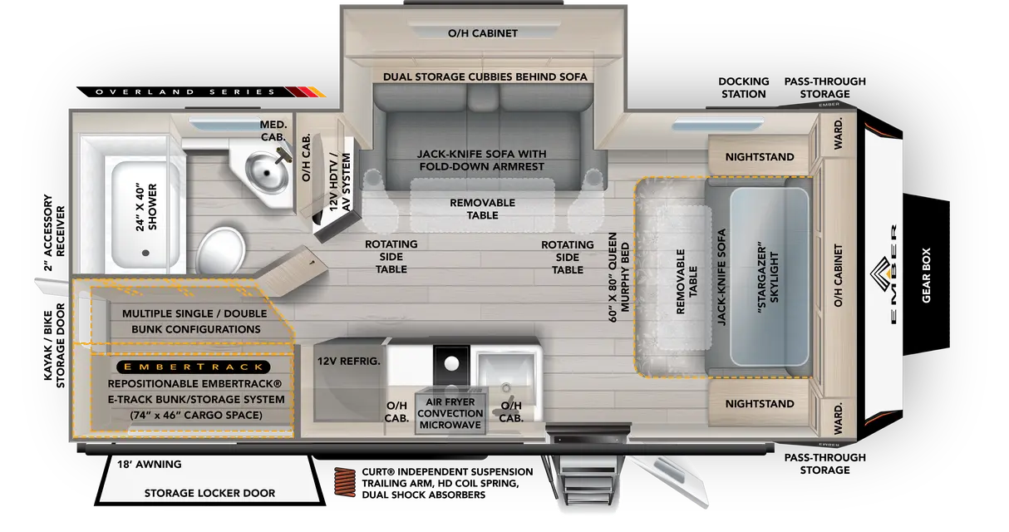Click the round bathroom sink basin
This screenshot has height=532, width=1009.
[x=267, y=171]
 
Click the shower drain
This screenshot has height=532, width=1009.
[x=145, y=254]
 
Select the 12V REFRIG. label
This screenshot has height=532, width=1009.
[x=348, y=362]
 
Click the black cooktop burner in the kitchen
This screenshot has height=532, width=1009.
[x=451, y=362]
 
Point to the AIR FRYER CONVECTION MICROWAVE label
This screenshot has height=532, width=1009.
[x=450, y=413]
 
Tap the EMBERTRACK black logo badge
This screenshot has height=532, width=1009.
[x=194, y=367]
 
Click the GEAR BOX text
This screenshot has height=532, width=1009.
[x=926, y=275]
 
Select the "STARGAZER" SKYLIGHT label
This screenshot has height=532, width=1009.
[x=768, y=278]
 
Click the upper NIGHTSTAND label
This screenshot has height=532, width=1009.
[x=760, y=157]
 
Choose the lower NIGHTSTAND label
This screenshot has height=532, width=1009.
[x=760, y=404]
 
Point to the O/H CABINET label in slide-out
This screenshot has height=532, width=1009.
[x=482, y=33]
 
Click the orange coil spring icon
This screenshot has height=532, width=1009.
[x=345, y=482]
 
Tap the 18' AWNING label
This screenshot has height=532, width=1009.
[x=150, y=464]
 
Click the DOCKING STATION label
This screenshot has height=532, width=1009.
[x=744, y=88]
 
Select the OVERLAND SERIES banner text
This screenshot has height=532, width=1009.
[x=185, y=92]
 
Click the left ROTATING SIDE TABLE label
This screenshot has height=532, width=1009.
[x=391, y=257]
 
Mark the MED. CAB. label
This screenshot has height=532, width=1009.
[x=273, y=131]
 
